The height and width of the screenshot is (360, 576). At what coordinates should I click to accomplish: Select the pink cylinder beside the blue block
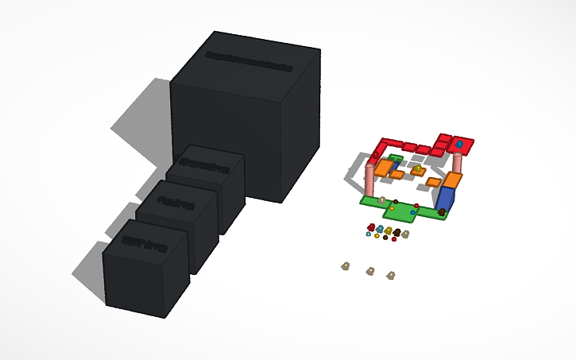tap(457, 163)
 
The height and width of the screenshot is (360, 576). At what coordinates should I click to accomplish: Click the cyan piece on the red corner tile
tap(459, 145)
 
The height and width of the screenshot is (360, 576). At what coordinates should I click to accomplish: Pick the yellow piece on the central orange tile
tap(418, 169)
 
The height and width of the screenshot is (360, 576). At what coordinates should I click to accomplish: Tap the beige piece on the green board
tap(382, 199)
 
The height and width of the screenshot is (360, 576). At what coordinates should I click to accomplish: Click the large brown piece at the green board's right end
tap(441, 212)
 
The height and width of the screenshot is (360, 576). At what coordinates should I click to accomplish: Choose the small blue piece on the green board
tap(413, 212)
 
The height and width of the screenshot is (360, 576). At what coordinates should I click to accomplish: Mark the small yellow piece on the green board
tap(392, 207)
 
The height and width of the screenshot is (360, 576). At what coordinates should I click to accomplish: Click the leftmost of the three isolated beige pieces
tap(346, 265)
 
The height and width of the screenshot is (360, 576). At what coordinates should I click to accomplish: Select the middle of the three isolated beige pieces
tap(369, 271)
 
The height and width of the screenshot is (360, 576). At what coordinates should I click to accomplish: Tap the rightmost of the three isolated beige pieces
tap(390, 275)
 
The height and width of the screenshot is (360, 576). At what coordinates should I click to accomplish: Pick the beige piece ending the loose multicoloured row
tap(405, 234)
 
